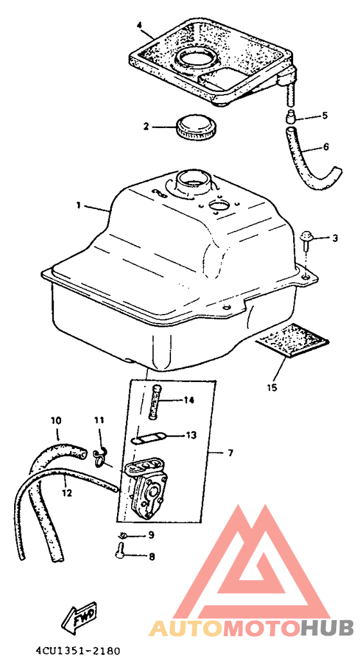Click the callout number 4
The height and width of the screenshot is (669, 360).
(139, 25)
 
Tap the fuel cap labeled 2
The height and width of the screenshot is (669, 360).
(197, 127)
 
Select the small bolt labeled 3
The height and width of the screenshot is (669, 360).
(306, 241)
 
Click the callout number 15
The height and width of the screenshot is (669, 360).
(272, 387)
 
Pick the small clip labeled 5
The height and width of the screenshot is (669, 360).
(291, 116)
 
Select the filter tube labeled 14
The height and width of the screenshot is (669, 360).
(154, 401)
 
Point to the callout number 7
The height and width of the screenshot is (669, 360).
(230, 453)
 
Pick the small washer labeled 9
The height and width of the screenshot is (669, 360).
(122, 535)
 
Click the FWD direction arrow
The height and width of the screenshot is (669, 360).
(80, 618)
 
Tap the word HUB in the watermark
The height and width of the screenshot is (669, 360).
(327, 628)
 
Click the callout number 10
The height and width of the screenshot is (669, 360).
(56, 421)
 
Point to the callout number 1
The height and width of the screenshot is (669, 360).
(78, 206)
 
